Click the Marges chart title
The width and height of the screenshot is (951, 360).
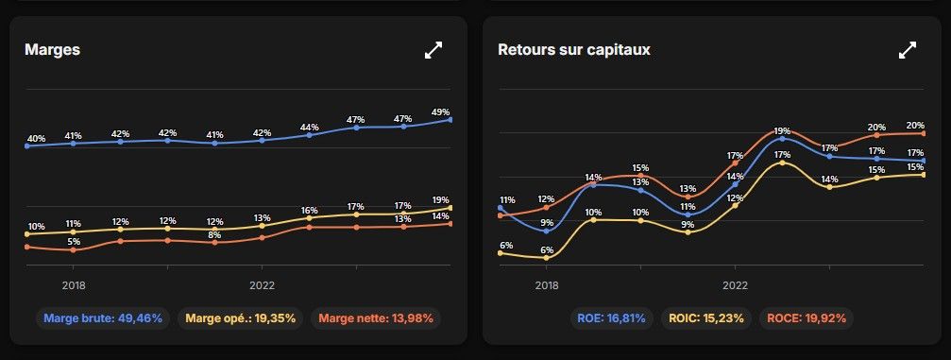point(52,50)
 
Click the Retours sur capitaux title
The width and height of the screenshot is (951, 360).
point(574,50)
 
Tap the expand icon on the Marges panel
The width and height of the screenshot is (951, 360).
point(433,50)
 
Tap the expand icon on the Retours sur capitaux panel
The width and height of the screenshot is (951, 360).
point(907,50)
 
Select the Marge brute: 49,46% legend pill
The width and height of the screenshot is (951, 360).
point(104,318)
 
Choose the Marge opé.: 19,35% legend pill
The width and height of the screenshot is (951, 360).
point(241,318)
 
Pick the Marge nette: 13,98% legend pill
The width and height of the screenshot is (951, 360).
point(376,318)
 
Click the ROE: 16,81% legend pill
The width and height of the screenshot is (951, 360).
point(611,318)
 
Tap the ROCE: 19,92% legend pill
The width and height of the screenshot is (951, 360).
point(807,318)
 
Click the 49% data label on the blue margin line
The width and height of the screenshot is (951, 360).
point(440,111)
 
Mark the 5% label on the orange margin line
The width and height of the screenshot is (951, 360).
point(74,241)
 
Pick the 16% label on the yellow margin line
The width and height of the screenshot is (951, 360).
point(310,210)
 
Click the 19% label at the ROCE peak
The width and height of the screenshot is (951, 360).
point(782,130)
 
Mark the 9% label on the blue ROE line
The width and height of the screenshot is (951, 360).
point(547,222)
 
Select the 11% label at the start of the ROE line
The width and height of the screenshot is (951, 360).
point(507,199)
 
